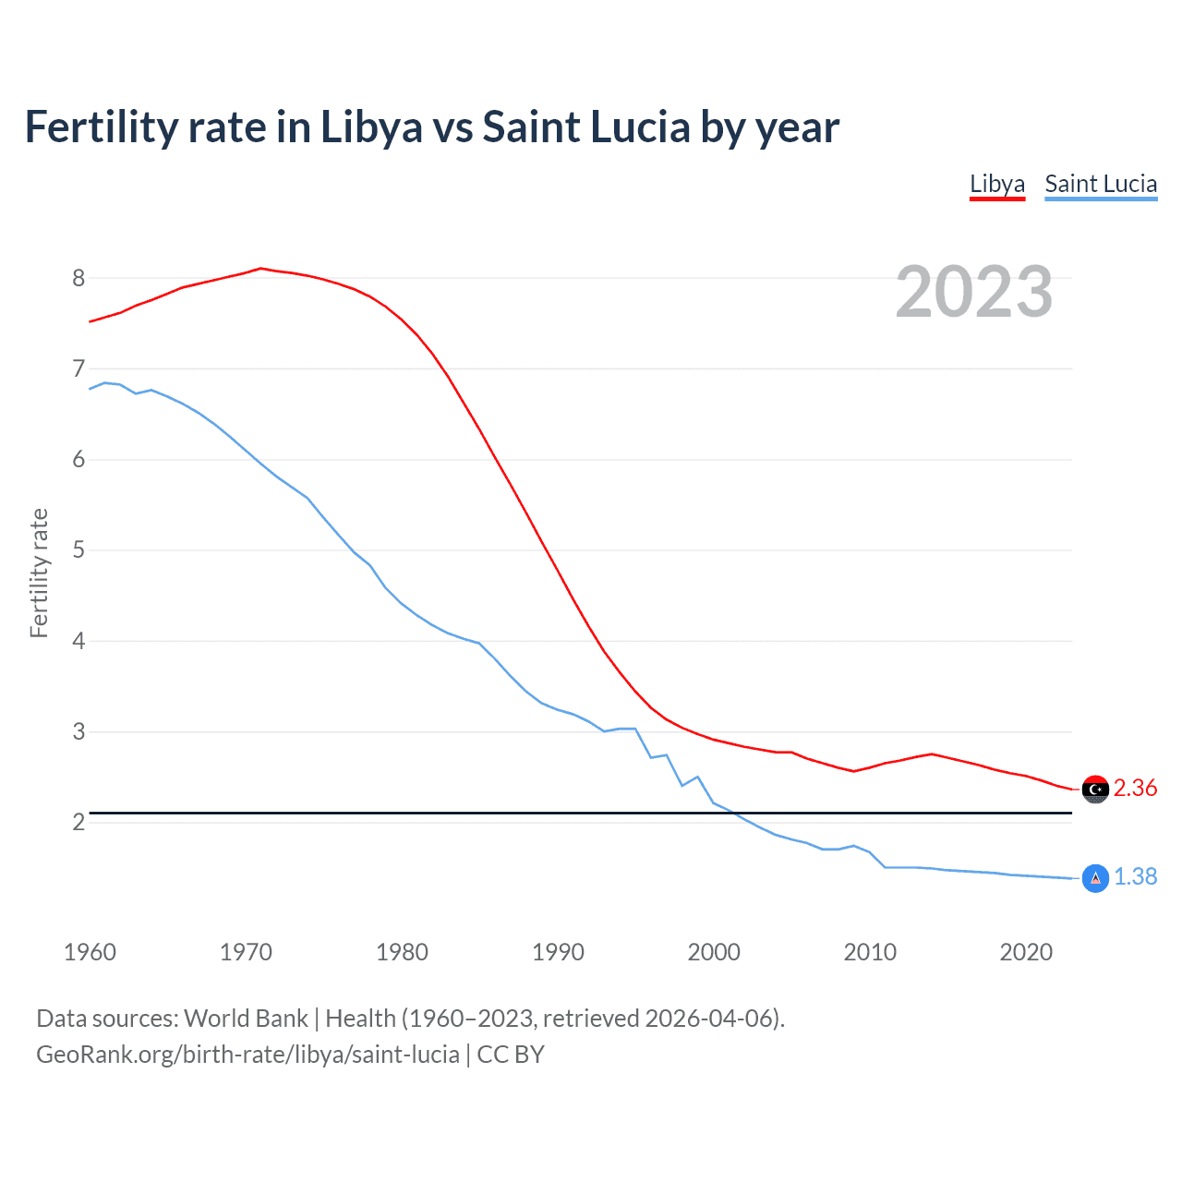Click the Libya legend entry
coord(996,184)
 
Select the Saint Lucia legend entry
coord(1101,184)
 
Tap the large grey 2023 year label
coord(973,292)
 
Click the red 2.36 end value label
coord(1135,789)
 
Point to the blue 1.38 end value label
coord(1135,877)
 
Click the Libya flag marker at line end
coord(1095,790)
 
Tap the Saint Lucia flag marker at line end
coord(1095,878)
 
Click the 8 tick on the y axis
coord(78,278)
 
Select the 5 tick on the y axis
coord(78,550)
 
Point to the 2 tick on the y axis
coord(78,822)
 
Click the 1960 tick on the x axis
coord(90,952)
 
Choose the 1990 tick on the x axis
coord(558,952)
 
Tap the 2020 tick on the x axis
coord(1026,952)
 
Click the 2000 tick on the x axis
coord(714,952)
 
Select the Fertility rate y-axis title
coord(39,573)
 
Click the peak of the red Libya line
coord(260,269)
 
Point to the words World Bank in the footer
coord(246,1019)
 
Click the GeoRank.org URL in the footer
coord(247,1055)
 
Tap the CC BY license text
coord(511,1055)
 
